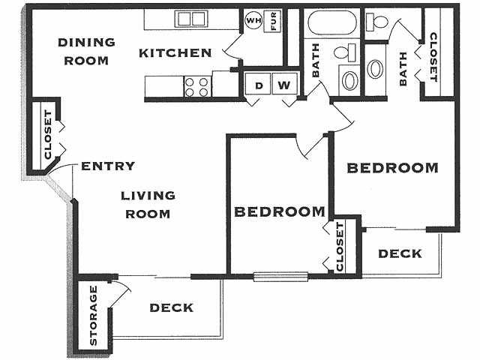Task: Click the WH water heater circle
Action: pyautogui.click(x=253, y=21)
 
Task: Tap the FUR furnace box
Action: pyautogui.click(x=272, y=21)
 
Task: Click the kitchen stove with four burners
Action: pyautogui.click(x=198, y=87)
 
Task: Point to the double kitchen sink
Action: pyautogui.click(x=191, y=19)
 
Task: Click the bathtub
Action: pyautogui.click(x=332, y=22)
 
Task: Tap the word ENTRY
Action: pyautogui.click(x=108, y=166)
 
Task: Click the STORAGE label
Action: pyautogui.click(x=93, y=315)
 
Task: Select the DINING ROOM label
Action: pyautogui.click(x=86, y=51)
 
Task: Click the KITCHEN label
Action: pyautogui.click(x=175, y=53)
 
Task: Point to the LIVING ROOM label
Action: pyautogui.click(x=148, y=205)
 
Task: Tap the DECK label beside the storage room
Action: pyautogui.click(x=172, y=307)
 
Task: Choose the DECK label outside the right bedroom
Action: pyautogui.click(x=400, y=253)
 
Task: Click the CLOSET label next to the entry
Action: pyautogui.click(x=48, y=135)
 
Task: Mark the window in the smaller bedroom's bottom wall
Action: pyautogui.click(x=280, y=277)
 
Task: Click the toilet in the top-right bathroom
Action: pyautogui.click(x=377, y=22)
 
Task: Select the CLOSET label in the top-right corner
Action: pyautogui.click(x=433, y=57)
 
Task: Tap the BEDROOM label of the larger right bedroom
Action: pyautogui.click(x=393, y=168)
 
